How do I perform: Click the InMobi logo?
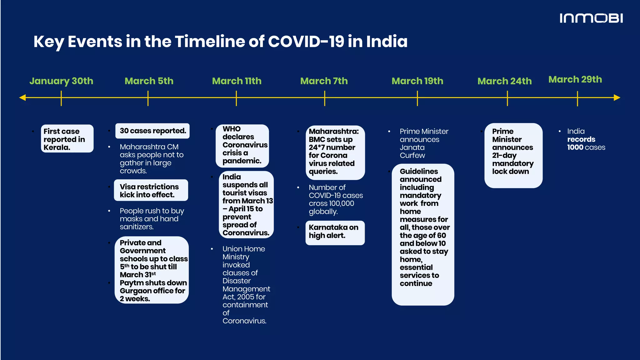(x=591, y=18)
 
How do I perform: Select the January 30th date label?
(x=61, y=81)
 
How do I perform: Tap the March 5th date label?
(x=149, y=81)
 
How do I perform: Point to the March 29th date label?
(x=575, y=79)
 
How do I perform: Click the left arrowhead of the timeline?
(x=22, y=98)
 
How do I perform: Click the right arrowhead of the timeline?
(x=617, y=98)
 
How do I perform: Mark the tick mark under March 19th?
(x=417, y=98)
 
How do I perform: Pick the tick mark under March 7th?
(x=325, y=98)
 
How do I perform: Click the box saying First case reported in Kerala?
(x=67, y=139)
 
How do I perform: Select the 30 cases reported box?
(x=152, y=131)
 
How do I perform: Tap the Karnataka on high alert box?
(x=335, y=232)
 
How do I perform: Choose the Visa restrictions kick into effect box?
(x=151, y=191)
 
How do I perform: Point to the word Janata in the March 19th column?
(x=412, y=147)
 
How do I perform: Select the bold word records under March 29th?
(x=581, y=139)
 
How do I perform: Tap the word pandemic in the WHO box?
(x=242, y=161)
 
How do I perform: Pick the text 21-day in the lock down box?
(x=504, y=155)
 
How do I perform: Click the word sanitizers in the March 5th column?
(x=136, y=227)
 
